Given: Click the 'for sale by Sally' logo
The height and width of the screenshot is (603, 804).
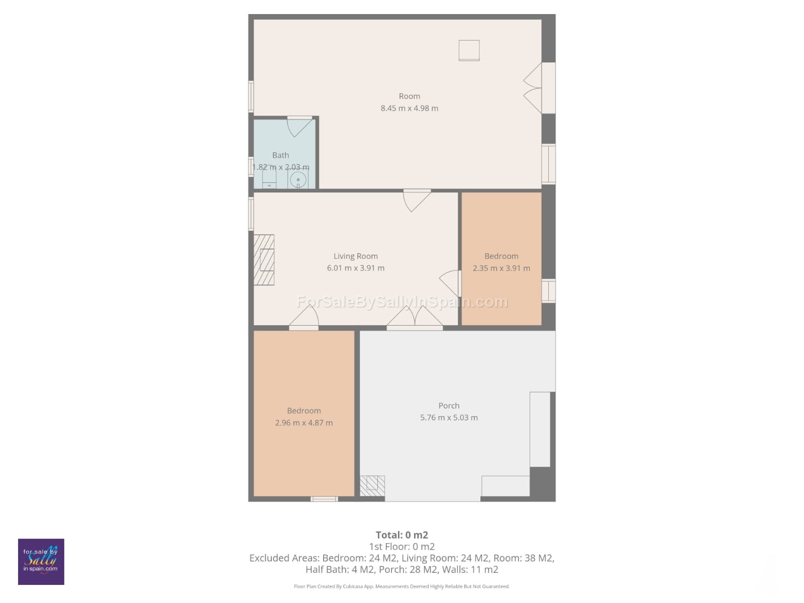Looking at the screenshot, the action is coord(41,561).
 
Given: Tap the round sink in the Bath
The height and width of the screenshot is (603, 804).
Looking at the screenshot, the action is coord(298,180).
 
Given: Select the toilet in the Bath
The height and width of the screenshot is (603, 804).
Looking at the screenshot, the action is coord(269,179).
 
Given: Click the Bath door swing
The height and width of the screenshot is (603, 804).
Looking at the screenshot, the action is coord(299,127).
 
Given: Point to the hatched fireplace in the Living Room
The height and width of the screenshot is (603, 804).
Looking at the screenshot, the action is coord(264,260).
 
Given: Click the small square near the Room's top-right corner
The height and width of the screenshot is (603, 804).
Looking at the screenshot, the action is coord(469,50).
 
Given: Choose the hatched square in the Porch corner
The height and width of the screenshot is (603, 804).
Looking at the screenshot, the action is coord(372,485).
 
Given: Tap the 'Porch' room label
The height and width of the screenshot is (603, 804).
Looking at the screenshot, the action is coord(449,406).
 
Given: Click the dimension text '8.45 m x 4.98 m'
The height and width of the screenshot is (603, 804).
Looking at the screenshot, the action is coord(409,108).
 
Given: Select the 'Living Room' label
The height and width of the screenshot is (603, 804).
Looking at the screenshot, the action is coord(355,256).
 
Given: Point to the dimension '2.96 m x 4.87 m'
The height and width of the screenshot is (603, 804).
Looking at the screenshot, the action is coord(304,423).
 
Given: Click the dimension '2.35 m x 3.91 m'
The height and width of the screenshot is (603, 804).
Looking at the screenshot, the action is coord(501,268).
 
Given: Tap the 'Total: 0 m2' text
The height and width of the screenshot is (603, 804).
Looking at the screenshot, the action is coord(402,535).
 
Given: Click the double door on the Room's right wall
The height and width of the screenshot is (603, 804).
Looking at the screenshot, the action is coord(533,88).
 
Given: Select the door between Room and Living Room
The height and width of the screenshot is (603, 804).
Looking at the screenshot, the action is coord(417,200).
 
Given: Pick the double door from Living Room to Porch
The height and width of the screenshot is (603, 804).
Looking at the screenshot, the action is coord(415,317).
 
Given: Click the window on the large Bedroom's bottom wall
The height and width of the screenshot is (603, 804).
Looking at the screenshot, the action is coord(324,498).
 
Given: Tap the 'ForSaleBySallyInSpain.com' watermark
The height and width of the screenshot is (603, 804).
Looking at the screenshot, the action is coord(402,301).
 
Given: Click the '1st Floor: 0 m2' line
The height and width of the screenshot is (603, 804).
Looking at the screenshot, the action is coord(402,547).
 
